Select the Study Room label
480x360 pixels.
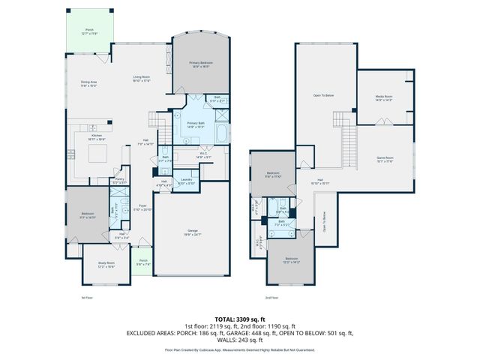106,264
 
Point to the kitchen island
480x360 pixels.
99,154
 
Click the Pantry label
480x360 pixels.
118,180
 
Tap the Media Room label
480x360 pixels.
385,97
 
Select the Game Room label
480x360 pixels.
385,158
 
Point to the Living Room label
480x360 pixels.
142,78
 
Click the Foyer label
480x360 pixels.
142,208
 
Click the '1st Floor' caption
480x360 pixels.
87,298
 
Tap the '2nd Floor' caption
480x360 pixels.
273,298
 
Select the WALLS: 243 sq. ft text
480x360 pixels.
239,338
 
